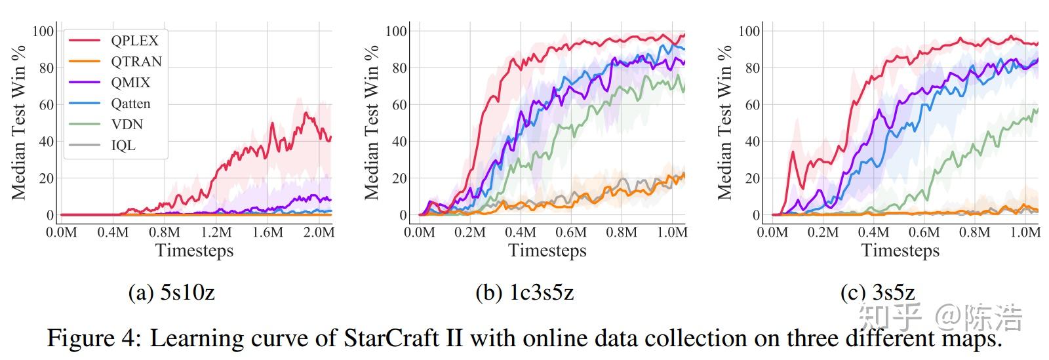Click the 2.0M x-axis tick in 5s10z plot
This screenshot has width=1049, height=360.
(x=319, y=232)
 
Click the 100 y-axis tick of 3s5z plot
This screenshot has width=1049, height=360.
(x=749, y=31)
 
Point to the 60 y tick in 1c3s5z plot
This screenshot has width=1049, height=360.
(x=399, y=105)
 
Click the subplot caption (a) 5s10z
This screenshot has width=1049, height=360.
(x=171, y=292)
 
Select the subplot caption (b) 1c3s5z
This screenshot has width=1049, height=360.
(x=524, y=292)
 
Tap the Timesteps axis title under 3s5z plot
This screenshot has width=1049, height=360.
(x=900, y=250)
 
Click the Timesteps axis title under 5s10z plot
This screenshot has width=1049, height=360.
(x=194, y=250)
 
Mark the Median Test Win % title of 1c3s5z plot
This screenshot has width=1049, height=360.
(x=371, y=122)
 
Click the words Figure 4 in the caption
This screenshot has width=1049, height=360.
(x=92, y=338)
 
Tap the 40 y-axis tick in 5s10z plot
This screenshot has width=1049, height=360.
(x=47, y=142)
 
